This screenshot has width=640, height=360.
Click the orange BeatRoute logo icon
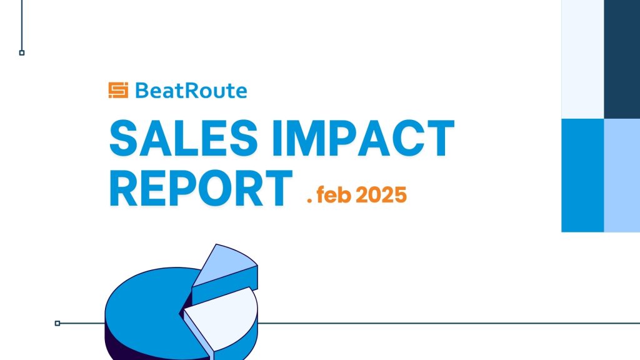[118, 90]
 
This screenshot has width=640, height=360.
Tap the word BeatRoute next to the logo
[191, 91]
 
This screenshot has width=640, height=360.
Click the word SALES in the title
[184, 138]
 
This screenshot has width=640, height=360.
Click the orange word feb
[334, 194]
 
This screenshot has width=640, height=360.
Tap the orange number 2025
[381, 195]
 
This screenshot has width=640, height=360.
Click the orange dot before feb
[309, 201]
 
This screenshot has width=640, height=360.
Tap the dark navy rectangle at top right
[622, 59]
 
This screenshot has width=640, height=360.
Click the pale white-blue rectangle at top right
[583, 59]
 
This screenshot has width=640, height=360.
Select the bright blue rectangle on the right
[583, 176]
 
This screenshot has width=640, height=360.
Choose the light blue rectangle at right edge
[622, 176]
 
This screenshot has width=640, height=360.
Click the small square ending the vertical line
[22, 52]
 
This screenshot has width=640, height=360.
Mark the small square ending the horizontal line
[57, 323]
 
